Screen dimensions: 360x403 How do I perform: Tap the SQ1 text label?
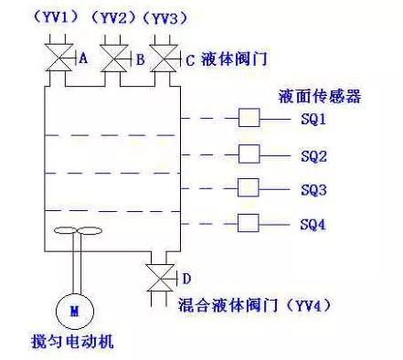point(313,119)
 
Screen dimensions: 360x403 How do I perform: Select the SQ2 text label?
point(313,154)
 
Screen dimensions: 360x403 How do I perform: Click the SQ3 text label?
point(313,190)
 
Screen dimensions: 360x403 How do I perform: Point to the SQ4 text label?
point(313,225)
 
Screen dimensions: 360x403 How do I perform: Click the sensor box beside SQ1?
point(249,119)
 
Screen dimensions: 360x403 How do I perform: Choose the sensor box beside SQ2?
point(249,154)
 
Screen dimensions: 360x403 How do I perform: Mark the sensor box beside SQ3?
point(249,189)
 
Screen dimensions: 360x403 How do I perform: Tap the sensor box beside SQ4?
point(249,224)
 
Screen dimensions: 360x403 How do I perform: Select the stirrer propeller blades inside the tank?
point(74,232)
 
